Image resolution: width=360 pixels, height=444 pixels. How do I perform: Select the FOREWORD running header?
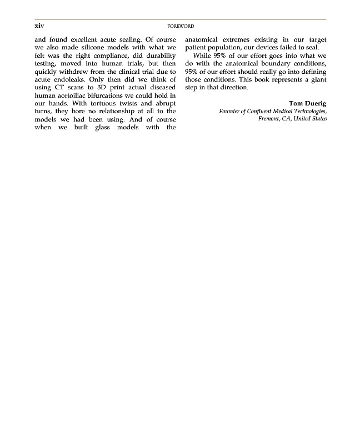click(181, 26)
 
